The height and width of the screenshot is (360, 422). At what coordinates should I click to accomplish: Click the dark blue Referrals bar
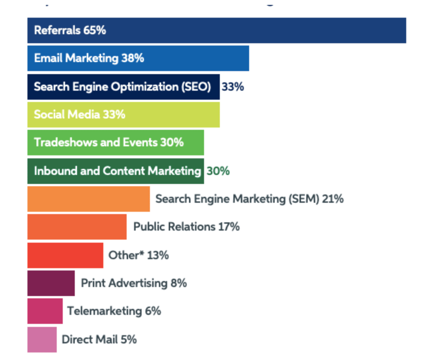pyautogui.click(x=216, y=30)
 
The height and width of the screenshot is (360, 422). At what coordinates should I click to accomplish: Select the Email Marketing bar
pyautogui.click(x=138, y=58)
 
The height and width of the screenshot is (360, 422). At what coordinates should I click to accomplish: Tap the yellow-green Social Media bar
pyautogui.click(x=123, y=115)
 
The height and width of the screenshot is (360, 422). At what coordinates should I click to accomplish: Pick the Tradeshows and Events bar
pyautogui.click(x=115, y=143)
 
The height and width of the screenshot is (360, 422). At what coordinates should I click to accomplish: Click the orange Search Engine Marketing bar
pyautogui.click(x=88, y=199)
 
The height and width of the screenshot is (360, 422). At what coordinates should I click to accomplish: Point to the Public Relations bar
pyautogui.click(x=77, y=227)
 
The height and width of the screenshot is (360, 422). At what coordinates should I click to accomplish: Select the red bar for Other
pyautogui.click(x=65, y=255)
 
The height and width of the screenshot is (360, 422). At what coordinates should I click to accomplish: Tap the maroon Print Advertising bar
pyautogui.click(x=51, y=283)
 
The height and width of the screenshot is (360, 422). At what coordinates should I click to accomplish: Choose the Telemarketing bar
pyautogui.click(x=45, y=311)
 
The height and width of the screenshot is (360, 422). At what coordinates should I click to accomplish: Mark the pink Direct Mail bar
pyautogui.click(x=42, y=339)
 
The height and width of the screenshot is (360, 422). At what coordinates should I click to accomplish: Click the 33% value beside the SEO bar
pyautogui.click(x=233, y=87)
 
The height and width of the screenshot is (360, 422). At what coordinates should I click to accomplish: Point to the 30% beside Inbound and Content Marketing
pyautogui.click(x=218, y=171)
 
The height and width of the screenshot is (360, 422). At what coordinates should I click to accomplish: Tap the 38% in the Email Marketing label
pyautogui.click(x=132, y=58)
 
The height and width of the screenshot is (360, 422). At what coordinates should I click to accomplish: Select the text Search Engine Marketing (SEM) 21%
pyautogui.click(x=250, y=199)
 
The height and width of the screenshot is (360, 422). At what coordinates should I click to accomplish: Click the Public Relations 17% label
pyautogui.click(x=186, y=227)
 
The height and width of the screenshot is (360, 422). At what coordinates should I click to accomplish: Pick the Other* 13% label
pyautogui.click(x=138, y=255)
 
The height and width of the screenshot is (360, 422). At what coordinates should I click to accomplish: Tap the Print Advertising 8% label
pyautogui.click(x=134, y=283)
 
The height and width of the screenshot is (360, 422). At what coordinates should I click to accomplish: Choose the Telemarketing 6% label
pyautogui.click(x=114, y=311)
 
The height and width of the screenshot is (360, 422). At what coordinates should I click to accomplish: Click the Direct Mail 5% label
pyautogui.click(x=99, y=339)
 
